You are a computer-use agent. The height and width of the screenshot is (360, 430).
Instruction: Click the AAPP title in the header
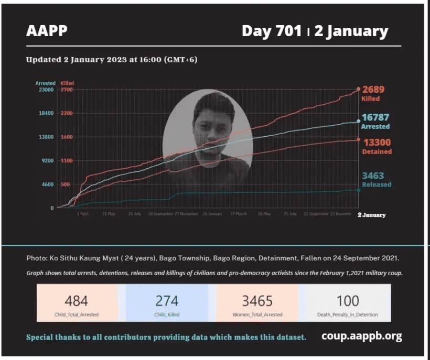click(x=47, y=31)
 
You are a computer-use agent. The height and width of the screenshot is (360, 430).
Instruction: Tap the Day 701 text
click(x=271, y=31)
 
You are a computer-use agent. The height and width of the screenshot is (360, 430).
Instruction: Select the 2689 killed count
click(x=374, y=89)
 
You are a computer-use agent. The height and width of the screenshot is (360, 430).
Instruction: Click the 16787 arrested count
click(x=376, y=117)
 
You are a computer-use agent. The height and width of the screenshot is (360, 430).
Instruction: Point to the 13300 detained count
click(x=377, y=142)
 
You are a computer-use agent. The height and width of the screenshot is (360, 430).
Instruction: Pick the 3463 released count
click(x=373, y=176)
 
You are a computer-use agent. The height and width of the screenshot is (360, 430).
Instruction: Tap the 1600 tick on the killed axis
click(x=67, y=137)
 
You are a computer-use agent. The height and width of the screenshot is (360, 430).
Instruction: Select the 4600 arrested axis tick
click(x=47, y=184)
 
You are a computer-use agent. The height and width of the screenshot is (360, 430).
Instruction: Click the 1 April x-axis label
click(x=82, y=214)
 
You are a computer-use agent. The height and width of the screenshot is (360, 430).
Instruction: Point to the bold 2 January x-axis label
click(x=371, y=215)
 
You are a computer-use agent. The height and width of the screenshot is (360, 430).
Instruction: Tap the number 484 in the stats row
click(x=77, y=301)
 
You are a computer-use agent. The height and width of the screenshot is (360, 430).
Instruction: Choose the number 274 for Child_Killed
click(x=167, y=301)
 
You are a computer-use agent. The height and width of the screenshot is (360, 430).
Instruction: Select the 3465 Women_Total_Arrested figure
click(x=257, y=301)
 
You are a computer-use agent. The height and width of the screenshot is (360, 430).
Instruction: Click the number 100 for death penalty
click(x=348, y=301)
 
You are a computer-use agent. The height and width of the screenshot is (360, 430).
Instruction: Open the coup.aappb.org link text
click(x=362, y=336)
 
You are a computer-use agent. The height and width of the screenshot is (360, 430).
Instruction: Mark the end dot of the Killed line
click(x=358, y=90)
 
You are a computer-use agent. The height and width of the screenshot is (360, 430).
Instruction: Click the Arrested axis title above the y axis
click(x=45, y=83)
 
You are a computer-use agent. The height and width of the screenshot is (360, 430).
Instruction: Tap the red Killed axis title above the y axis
click(x=67, y=83)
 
